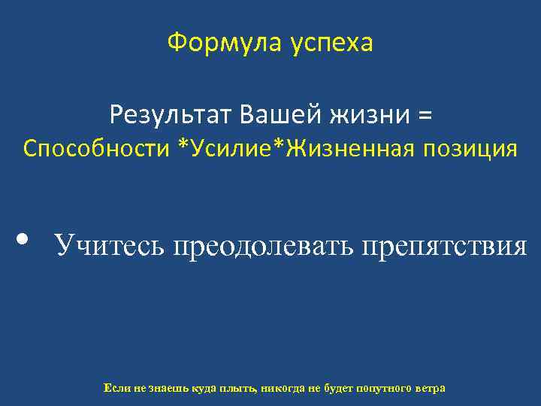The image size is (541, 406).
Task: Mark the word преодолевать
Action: click(264, 246)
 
